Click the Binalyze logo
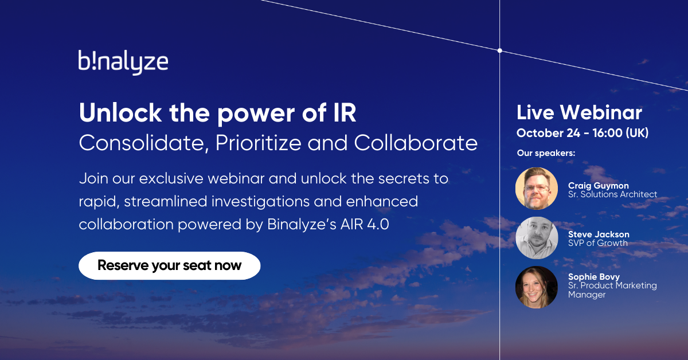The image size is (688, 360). (x=123, y=62)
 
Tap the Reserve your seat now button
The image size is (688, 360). (x=170, y=265)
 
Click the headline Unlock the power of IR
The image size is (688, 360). (x=217, y=114)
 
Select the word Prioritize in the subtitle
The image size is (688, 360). (x=259, y=143)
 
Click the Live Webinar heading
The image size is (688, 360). (x=579, y=112)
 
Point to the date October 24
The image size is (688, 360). (x=548, y=133)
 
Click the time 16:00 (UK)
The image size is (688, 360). (x=620, y=133)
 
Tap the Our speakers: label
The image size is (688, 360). (x=546, y=153)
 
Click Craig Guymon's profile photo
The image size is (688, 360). (x=537, y=189)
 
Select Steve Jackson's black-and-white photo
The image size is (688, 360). (x=537, y=238)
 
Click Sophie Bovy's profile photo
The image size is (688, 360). (x=537, y=287)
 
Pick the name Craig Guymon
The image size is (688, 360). (x=599, y=186)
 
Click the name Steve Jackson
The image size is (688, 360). (x=599, y=234)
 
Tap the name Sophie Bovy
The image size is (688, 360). (x=594, y=277)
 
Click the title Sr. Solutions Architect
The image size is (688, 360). (x=612, y=194)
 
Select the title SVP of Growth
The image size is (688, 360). (x=597, y=243)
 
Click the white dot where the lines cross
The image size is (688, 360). (x=500, y=50)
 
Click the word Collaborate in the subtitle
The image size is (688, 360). (x=416, y=143)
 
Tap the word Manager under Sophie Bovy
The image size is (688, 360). (x=587, y=295)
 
